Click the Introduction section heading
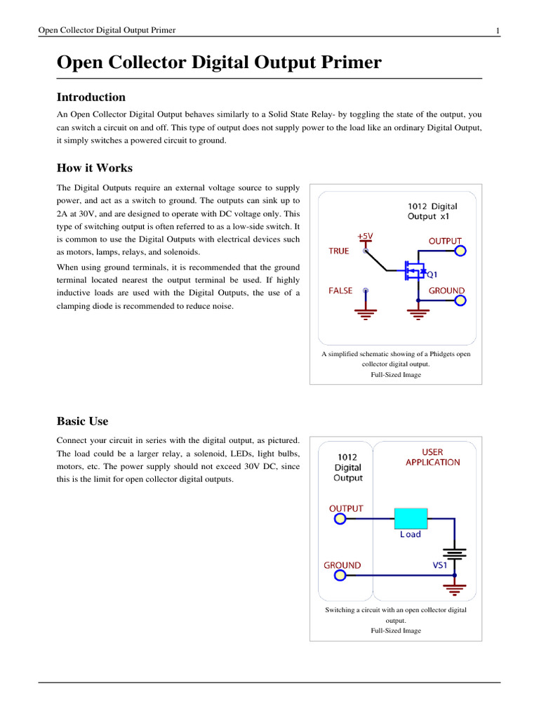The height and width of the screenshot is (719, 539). tap(91, 98)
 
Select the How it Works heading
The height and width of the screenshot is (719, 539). tap(94, 169)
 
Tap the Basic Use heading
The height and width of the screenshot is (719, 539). tap(82, 421)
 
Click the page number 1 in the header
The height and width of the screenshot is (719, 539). tap(498, 30)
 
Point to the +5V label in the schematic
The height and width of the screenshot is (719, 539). tap(366, 237)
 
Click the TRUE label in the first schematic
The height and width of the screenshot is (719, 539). tap(338, 251)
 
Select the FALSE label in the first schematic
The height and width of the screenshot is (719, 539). tap(340, 291)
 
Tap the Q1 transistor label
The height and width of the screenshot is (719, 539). tap(434, 275)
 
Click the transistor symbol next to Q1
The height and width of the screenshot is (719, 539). tap(415, 269)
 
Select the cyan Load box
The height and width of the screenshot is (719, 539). tap(411, 518)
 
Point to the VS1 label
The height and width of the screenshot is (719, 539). tap(441, 565)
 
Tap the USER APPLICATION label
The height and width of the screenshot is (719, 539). tap(433, 457)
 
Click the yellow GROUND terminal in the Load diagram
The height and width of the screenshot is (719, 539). tap(340, 576)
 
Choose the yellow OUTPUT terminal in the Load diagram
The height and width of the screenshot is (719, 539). tap(340, 519)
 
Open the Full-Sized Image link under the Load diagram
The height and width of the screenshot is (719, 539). tap(396, 631)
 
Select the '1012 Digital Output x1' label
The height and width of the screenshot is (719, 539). tap(432, 211)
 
